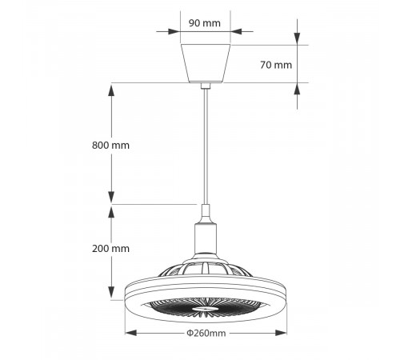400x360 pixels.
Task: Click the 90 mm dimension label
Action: (x=205, y=22)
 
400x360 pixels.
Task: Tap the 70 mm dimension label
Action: (x=276, y=65)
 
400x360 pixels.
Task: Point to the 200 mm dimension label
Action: (x=110, y=249)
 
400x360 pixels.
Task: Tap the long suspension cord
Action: (x=206, y=144)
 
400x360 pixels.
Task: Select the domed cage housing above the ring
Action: (x=206, y=268)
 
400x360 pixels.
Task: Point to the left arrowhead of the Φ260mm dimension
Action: (x=129, y=334)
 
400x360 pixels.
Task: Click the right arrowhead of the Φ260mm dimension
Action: (x=283, y=334)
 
